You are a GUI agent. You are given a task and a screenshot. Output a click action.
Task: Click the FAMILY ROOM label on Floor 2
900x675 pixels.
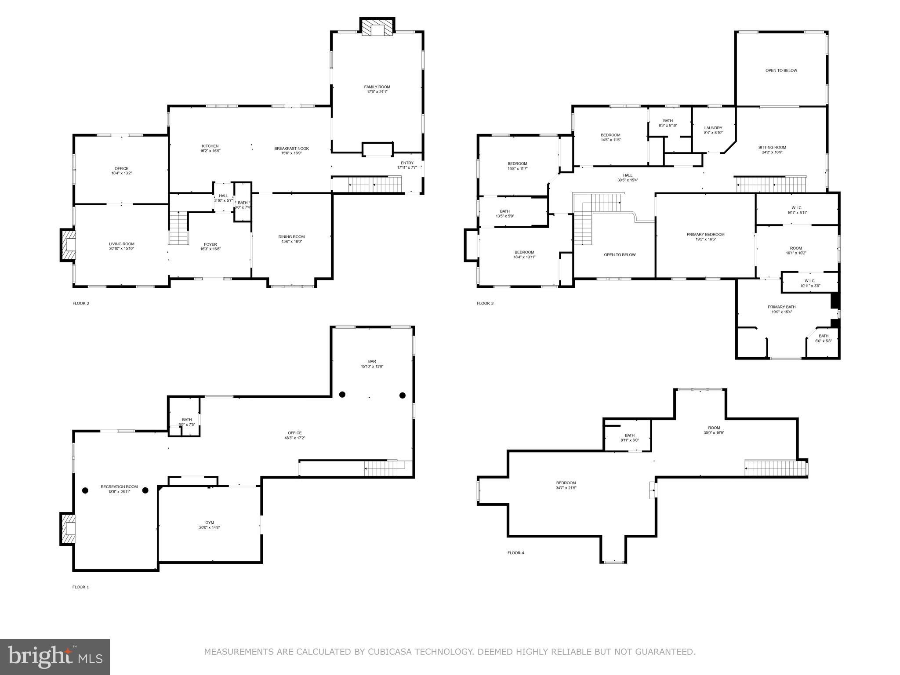377,87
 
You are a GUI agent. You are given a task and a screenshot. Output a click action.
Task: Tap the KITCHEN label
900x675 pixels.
210,146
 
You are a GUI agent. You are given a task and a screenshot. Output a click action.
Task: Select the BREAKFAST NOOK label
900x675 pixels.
291,149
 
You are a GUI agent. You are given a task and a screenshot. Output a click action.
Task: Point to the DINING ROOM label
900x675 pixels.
291,237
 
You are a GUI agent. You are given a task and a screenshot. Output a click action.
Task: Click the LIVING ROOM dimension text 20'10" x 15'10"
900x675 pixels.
122,249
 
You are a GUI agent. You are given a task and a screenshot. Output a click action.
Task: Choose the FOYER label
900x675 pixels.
210,244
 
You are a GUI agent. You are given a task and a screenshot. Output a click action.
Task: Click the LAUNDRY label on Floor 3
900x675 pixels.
713,128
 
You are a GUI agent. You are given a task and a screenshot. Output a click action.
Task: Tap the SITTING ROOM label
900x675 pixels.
772,148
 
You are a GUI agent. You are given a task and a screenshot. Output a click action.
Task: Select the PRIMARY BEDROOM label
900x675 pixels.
705,235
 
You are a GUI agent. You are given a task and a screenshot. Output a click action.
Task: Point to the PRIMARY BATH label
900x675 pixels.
781,307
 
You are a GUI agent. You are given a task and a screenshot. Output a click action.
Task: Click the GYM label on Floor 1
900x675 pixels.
209,523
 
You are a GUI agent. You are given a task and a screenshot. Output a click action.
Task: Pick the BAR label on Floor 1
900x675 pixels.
372,362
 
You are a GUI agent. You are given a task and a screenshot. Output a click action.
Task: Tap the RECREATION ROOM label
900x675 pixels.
119,487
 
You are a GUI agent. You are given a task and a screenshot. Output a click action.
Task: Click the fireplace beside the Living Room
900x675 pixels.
68,245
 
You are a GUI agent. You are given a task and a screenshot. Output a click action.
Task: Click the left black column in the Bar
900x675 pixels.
342,395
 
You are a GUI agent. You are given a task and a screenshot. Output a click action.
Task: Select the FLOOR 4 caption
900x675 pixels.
515,553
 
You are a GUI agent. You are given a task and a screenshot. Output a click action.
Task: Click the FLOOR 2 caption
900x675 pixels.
81,303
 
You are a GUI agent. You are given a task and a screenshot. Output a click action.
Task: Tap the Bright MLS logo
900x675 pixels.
55,657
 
